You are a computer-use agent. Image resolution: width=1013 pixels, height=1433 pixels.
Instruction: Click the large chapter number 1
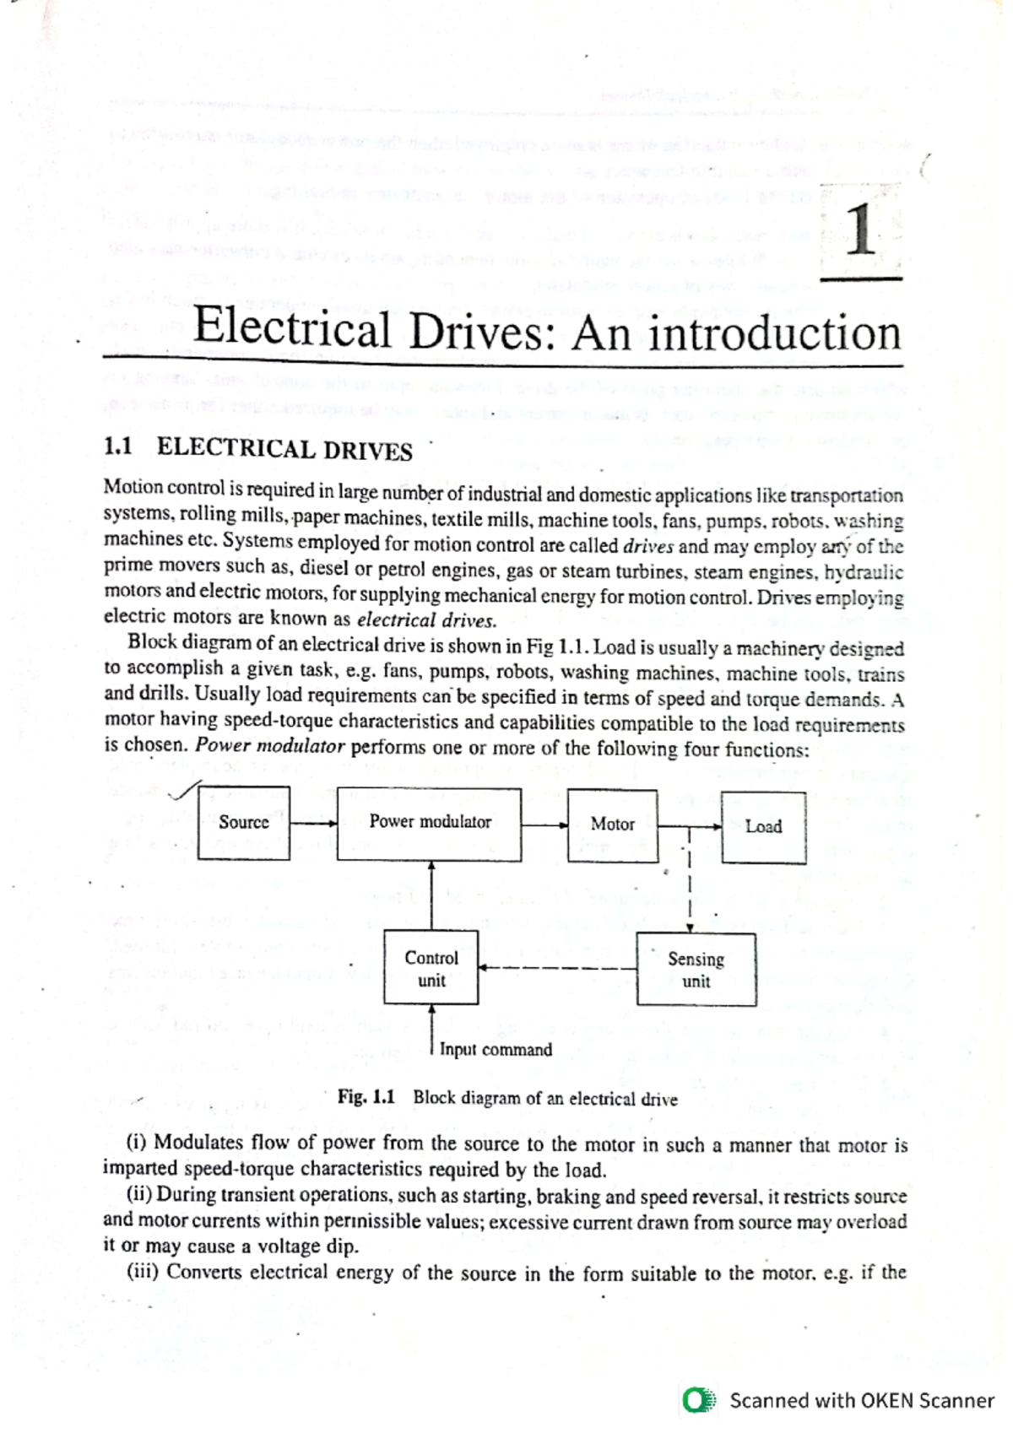click(x=861, y=230)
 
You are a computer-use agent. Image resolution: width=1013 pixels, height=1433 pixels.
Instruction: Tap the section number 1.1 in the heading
click(x=117, y=446)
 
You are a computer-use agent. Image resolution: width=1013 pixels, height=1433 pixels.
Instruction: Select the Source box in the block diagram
click(x=244, y=822)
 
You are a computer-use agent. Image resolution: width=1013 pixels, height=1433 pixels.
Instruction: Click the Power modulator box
click(x=429, y=823)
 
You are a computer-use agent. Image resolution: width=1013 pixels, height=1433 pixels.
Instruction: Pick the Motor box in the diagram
click(x=612, y=825)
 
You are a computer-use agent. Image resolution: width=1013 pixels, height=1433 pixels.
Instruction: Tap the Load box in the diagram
click(x=763, y=827)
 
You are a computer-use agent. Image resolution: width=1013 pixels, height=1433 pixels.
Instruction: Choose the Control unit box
click(x=431, y=968)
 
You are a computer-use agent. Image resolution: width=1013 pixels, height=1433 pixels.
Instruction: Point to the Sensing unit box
click(x=696, y=970)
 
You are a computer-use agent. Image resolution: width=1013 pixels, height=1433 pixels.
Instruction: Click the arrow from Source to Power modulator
click(x=313, y=823)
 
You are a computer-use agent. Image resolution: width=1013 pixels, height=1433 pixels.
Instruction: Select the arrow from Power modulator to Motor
click(x=544, y=825)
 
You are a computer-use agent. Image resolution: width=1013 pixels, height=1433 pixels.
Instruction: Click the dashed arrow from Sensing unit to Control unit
click(x=557, y=969)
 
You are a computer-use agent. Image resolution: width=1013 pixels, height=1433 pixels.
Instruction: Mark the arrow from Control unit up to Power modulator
click(x=431, y=895)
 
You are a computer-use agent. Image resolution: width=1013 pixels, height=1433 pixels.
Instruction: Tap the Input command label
click(x=496, y=1050)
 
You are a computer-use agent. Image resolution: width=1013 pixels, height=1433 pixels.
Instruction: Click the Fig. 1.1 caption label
click(x=366, y=1097)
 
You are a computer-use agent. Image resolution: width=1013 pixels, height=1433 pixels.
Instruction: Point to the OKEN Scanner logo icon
click(x=698, y=1401)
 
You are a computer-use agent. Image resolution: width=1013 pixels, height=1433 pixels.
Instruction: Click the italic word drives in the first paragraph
click(x=647, y=546)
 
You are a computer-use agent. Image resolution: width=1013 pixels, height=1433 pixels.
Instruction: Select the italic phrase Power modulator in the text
click(x=270, y=746)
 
